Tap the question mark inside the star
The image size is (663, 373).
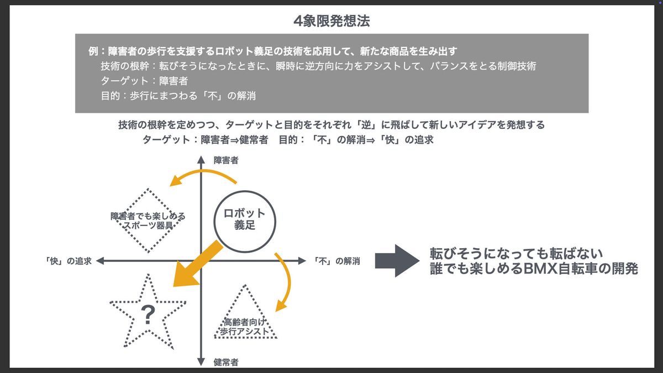click(148, 315)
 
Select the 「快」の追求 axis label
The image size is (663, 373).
click(69, 261)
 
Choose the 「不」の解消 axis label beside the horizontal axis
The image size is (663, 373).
click(336, 261)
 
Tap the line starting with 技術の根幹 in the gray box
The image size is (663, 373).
click(318, 66)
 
